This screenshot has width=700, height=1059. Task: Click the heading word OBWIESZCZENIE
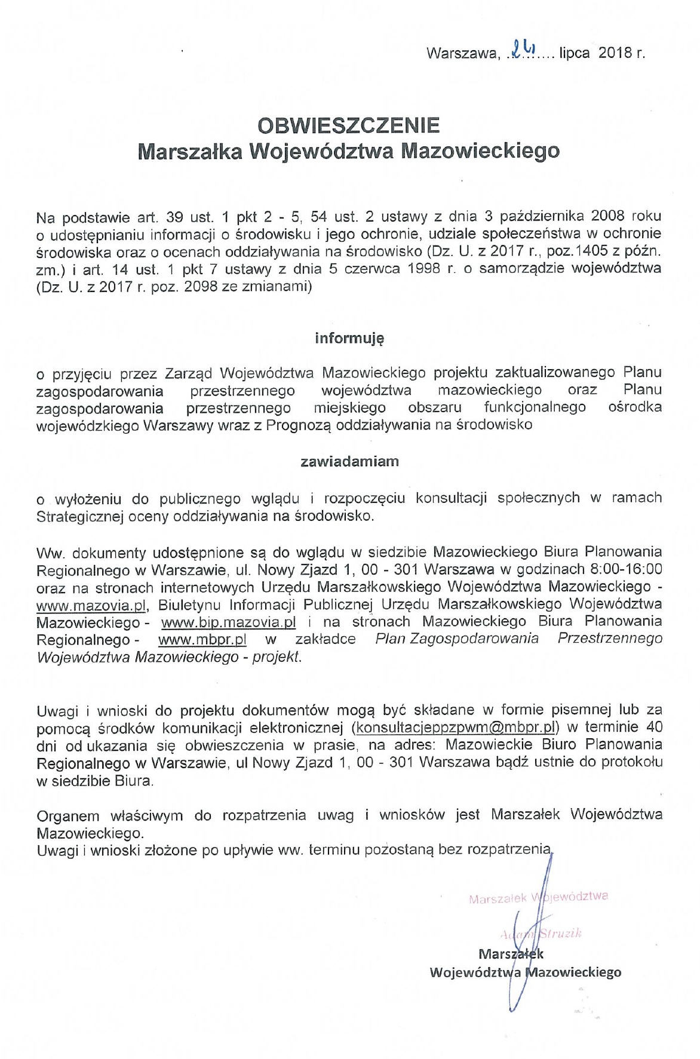(349, 125)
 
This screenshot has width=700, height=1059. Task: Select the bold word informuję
(349, 339)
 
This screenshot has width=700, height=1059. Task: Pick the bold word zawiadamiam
(349, 461)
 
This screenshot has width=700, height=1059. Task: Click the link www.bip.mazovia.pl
(229, 622)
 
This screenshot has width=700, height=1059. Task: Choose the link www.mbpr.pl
(202, 639)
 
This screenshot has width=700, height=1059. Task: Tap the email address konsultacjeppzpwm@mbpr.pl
(456, 728)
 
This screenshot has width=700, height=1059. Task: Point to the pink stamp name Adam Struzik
(541, 933)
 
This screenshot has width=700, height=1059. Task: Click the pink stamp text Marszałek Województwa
(538, 898)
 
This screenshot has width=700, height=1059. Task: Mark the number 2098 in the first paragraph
(207, 287)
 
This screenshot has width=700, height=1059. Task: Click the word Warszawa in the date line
(460, 53)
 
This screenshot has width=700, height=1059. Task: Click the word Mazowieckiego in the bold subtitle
(480, 151)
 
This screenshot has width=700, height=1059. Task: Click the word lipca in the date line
(575, 53)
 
